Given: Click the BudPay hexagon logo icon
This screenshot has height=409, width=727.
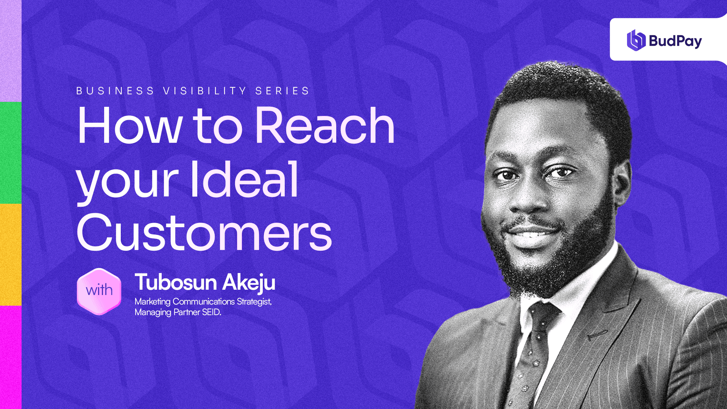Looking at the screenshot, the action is tap(636, 40).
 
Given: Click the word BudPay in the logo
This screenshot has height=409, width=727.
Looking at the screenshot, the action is tap(676, 41).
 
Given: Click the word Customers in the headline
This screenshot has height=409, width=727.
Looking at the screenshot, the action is tap(204, 232).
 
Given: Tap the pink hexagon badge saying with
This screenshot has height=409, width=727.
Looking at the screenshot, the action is tap(99, 291).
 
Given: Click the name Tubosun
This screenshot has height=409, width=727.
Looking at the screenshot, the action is tap(176, 282).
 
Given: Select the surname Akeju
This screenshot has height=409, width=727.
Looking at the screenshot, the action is tap(249, 283).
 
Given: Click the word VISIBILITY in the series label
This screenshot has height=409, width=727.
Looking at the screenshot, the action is tap(205, 91).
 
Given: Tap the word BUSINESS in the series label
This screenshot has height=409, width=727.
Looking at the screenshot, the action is tap(115, 91).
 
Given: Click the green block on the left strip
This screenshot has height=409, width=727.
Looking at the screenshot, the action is tap(11, 153).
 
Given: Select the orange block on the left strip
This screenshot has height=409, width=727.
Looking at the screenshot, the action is tap(11, 254).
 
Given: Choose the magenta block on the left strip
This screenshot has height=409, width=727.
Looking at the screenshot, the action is tap(11, 357).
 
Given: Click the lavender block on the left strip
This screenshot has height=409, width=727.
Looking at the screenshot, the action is tap(11, 51).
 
